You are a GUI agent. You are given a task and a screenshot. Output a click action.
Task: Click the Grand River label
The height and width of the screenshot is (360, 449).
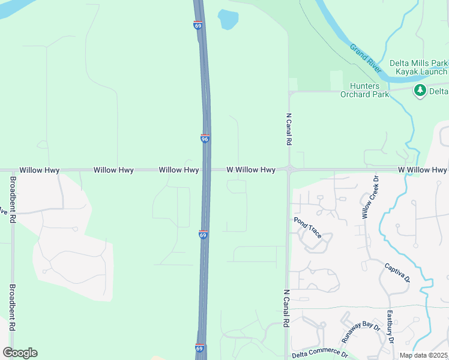point(366,59)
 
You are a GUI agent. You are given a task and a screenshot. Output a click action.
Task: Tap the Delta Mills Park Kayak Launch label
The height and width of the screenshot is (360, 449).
point(418,67)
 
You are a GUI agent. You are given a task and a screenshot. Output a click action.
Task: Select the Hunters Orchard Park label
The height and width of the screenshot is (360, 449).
point(364,90)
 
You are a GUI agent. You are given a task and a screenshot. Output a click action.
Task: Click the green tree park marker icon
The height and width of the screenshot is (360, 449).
point(420,91)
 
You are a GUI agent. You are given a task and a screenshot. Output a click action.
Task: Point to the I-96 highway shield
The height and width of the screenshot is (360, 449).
point(205,139)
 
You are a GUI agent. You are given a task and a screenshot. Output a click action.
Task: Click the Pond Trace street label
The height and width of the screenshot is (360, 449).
point(308,228)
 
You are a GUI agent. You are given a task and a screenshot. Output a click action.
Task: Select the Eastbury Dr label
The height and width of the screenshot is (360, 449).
point(390,326)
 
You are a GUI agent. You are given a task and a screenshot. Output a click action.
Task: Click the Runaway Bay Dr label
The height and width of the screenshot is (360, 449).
point(361,332)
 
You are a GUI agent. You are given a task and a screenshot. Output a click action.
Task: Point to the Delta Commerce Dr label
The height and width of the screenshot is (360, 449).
point(319,354)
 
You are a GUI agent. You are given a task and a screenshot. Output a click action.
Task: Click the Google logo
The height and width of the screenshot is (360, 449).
point(20,353)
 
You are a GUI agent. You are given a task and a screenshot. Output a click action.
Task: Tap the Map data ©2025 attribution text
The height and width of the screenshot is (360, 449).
point(424,355)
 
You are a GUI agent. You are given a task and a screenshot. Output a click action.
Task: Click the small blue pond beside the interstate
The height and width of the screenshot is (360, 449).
point(228,20)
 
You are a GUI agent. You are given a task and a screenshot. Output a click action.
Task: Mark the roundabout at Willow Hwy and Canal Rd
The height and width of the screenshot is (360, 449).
point(289,170)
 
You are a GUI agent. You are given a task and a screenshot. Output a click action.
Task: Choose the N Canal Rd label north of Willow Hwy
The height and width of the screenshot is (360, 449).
point(289,130)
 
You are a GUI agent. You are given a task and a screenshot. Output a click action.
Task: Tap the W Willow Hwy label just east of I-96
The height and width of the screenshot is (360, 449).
point(251,170)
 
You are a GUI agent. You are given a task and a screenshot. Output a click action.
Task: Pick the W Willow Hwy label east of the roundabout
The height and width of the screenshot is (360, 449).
point(422,170)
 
